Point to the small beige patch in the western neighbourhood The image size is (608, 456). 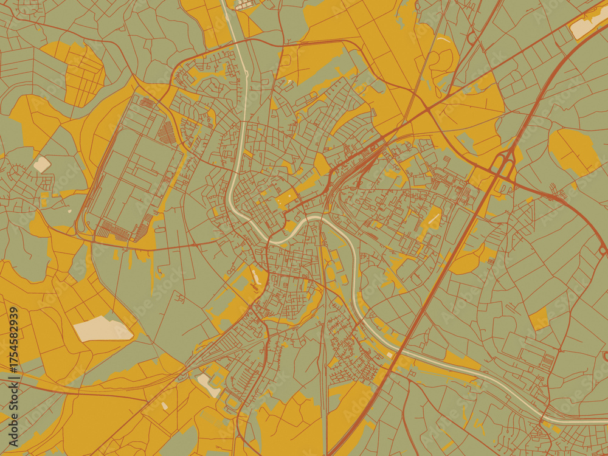click(x=42, y=164)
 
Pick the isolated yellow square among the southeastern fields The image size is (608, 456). click(x=539, y=319)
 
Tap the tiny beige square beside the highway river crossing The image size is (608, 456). click(x=389, y=355)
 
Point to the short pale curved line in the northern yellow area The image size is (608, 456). click(x=443, y=41)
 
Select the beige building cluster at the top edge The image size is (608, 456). click(x=246, y=5)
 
